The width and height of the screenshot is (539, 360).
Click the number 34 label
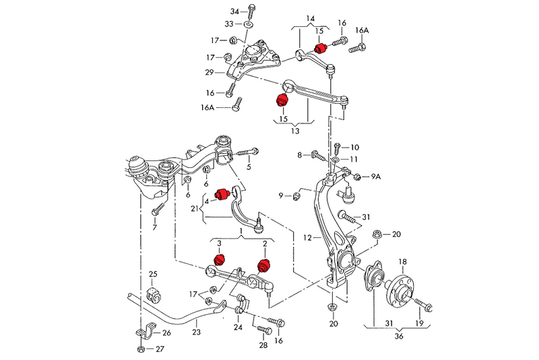[234, 11]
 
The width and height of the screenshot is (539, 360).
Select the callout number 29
[210, 72]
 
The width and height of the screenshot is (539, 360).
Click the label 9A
[376, 177]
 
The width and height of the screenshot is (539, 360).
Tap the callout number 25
[152, 274]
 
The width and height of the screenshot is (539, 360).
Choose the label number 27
[160, 349]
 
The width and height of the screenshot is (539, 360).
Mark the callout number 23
[196, 331]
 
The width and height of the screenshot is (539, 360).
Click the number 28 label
[263, 344]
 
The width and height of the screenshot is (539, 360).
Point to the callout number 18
[402, 262]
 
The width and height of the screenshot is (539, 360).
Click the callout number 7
[154, 228]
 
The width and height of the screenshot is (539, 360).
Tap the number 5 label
[248, 167]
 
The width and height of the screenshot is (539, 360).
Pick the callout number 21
[195, 209]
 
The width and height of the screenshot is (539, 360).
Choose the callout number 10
[355, 146]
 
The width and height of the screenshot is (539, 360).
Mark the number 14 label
[310, 18]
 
